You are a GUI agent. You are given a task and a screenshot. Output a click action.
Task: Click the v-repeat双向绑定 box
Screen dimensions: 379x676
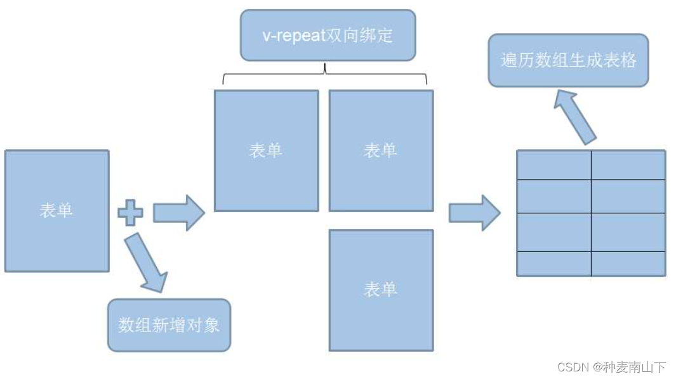pyautogui.click(x=328, y=35)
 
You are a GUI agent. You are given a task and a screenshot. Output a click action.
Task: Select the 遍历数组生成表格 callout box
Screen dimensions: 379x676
pyautogui.click(x=568, y=60)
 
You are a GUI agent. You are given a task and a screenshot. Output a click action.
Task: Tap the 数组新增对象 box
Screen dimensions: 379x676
pyautogui.click(x=169, y=325)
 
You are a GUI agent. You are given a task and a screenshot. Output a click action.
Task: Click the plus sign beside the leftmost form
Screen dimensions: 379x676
pyautogui.click(x=130, y=213)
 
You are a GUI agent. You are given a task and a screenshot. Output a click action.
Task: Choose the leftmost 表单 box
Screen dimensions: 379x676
pyautogui.click(x=56, y=211)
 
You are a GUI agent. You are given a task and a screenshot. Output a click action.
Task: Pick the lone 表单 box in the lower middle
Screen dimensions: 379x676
pyautogui.click(x=381, y=290)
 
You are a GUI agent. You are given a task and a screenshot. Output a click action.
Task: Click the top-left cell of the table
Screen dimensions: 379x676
pyautogui.click(x=554, y=165)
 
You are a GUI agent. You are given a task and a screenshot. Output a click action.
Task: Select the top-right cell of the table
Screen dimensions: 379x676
pyautogui.click(x=628, y=165)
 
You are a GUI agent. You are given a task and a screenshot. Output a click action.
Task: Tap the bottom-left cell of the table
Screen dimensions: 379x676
pyautogui.click(x=554, y=263)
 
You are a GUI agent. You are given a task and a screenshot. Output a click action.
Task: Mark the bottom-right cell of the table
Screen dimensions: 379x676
pyautogui.click(x=628, y=263)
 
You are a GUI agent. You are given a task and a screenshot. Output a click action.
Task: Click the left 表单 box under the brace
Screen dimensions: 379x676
pyautogui.click(x=266, y=150)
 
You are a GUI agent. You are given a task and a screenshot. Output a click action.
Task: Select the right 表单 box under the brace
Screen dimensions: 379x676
pyautogui.click(x=381, y=150)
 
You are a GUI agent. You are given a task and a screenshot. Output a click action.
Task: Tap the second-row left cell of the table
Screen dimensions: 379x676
pyautogui.click(x=554, y=196)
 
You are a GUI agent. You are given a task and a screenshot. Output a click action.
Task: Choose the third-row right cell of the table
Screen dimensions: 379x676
pyautogui.click(x=628, y=232)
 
